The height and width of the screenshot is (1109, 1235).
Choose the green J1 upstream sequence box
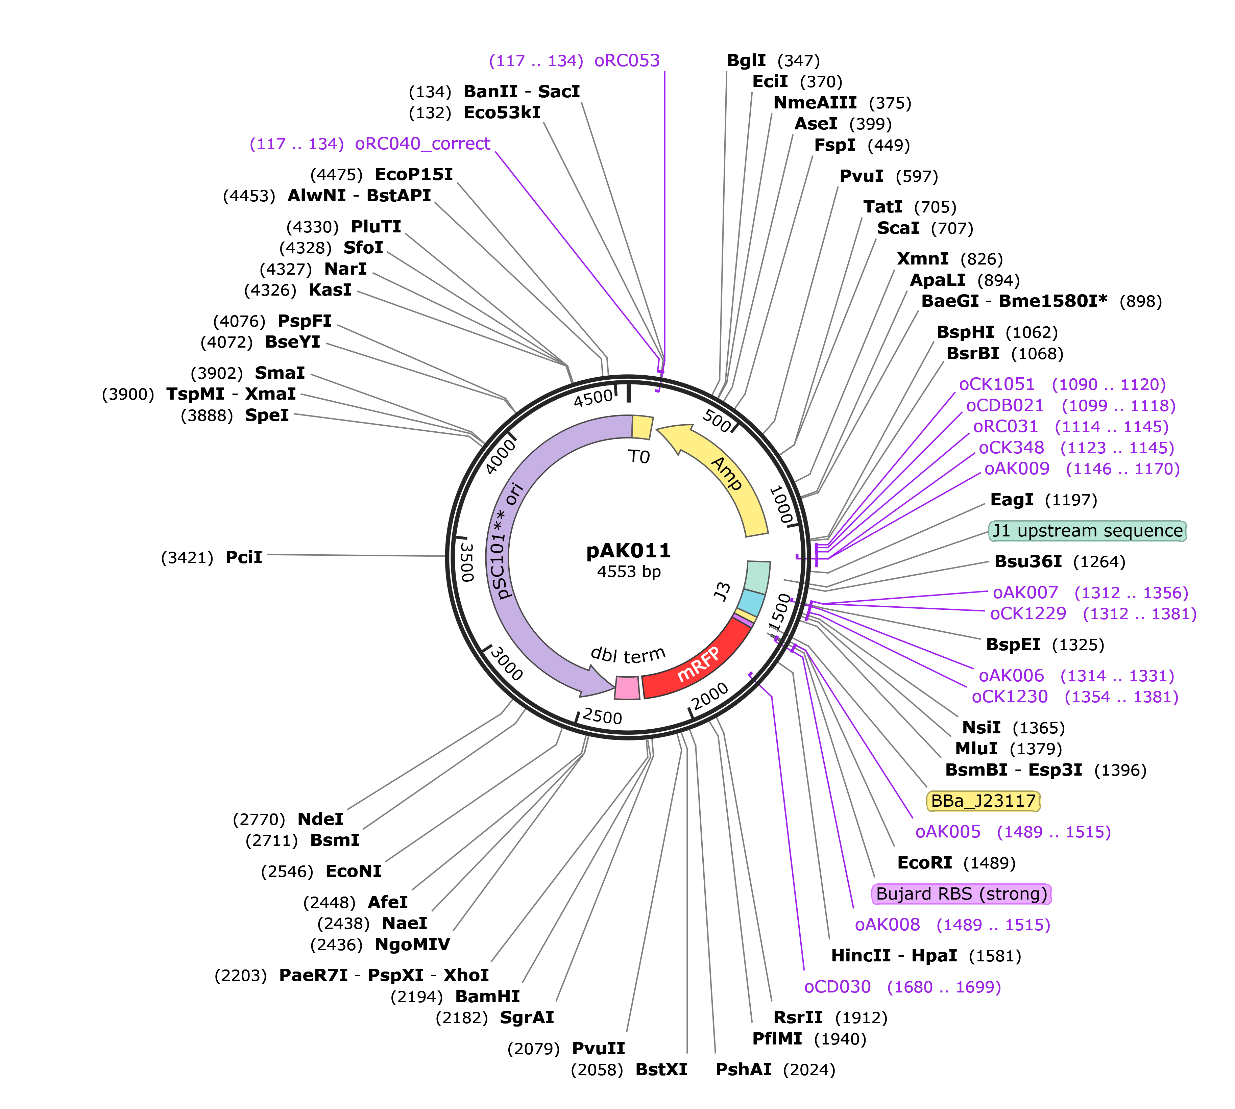(x=1088, y=531)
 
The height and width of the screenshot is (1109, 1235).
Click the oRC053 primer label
(x=627, y=60)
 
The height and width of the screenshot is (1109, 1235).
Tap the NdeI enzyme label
(x=321, y=819)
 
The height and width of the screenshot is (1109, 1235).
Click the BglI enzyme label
(x=746, y=60)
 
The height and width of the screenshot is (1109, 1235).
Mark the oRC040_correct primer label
(x=422, y=144)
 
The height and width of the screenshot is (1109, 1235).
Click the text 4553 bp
(x=628, y=572)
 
